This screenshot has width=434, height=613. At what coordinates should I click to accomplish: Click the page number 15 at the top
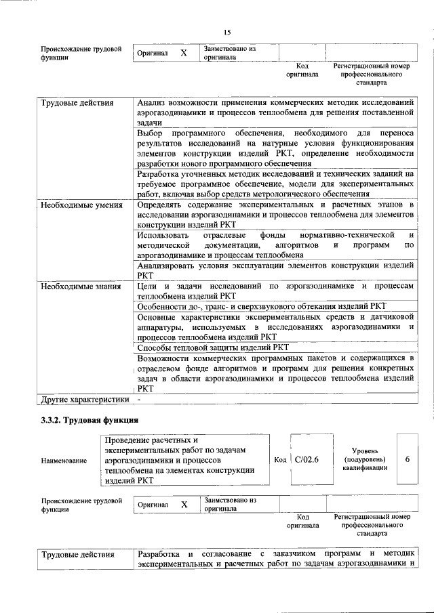click(x=227, y=33)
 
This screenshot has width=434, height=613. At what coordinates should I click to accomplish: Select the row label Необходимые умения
click(x=81, y=204)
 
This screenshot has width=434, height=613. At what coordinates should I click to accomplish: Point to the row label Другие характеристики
click(x=84, y=400)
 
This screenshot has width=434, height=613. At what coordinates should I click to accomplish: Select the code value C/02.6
click(x=308, y=460)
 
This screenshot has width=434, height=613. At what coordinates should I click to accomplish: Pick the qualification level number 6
click(x=407, y=460)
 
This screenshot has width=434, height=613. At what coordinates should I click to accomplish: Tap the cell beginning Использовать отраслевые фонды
click(x=275, y=245)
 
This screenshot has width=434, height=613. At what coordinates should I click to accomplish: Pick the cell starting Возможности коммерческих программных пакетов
click(x=275, y=373)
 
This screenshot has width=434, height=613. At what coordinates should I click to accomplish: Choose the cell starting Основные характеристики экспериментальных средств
click(x=275, y=327)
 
